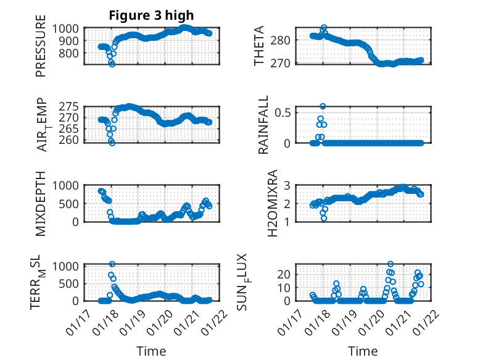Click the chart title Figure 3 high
[x=151, y=16]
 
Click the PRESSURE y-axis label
[x=41, y=49]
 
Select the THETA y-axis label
[x=259, y=46]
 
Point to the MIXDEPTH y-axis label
[x=41, y=203]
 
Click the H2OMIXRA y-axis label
[x=263, y=203]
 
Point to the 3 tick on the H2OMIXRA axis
[x=294, y=185]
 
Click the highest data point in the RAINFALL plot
[x=323, y=106]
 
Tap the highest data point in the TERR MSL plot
[x=112, y=264]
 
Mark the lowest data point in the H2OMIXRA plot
[x=323, y=218]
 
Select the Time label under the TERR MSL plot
[x=151, y=351]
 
